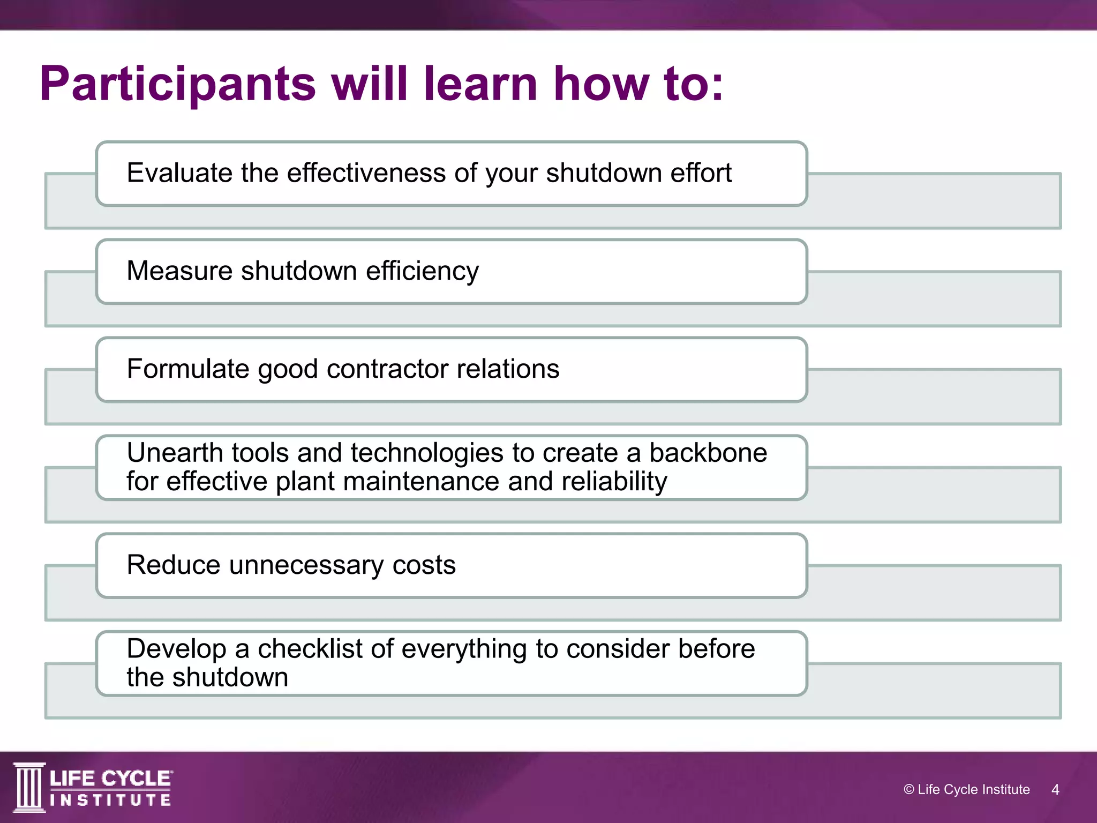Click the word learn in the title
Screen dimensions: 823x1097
pyautogui.click(x=480, y=84)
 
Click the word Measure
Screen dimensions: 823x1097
pyautogui.click(x=179, y=271)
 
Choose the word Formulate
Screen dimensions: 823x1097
pyautogui.click(x=188, y=369)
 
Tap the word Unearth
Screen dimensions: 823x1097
pyautogui.click(x=175, y=453)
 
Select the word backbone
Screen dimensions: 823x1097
pyautogui.click(x=708, y=453)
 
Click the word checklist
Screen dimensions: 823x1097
pyautogui.click(x=310, y=649)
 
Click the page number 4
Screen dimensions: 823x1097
pyautogui.click(x=1055, y=790)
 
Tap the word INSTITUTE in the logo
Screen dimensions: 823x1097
pyautogui.click(x=110, y=800)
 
